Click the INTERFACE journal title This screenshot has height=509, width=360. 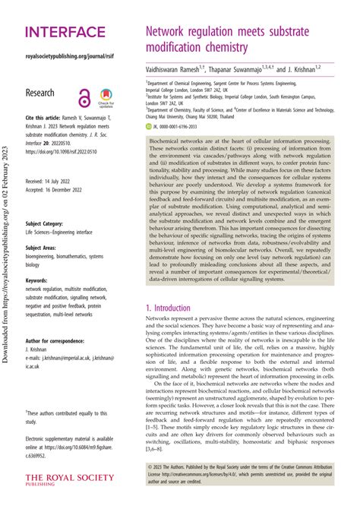65,33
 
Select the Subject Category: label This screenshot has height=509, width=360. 49,223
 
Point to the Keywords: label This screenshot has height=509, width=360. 41,282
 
